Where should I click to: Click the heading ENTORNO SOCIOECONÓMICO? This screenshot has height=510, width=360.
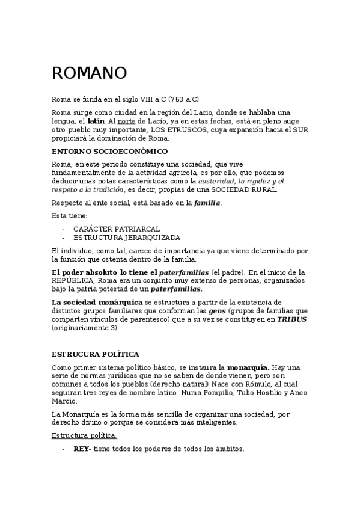coord(110,151)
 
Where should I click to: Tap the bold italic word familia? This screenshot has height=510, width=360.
coord(207,203)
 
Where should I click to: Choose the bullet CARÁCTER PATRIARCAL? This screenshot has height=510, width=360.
coord(108,229)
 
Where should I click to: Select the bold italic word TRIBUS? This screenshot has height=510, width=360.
coord(291,319)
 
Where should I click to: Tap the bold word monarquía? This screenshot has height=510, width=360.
coord(248,367)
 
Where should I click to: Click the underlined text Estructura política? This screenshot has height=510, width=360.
coord(85,435)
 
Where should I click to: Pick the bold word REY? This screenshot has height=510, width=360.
coord(81,449)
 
